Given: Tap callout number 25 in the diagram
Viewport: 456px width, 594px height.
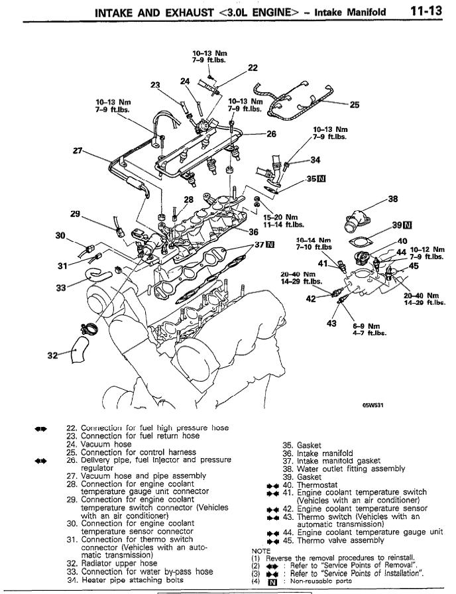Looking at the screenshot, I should point(355,104).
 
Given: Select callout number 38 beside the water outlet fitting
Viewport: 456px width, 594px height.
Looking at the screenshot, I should point(393,198).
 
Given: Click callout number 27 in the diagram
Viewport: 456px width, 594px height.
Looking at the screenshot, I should point(79,150).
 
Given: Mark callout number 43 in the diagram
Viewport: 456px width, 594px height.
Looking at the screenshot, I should point(333,324).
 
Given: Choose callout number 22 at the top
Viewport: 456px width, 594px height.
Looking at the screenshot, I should point(253,67).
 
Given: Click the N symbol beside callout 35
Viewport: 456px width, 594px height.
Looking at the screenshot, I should point(321,179).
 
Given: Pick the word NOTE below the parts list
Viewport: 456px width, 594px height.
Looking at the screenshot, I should point(261,550).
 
